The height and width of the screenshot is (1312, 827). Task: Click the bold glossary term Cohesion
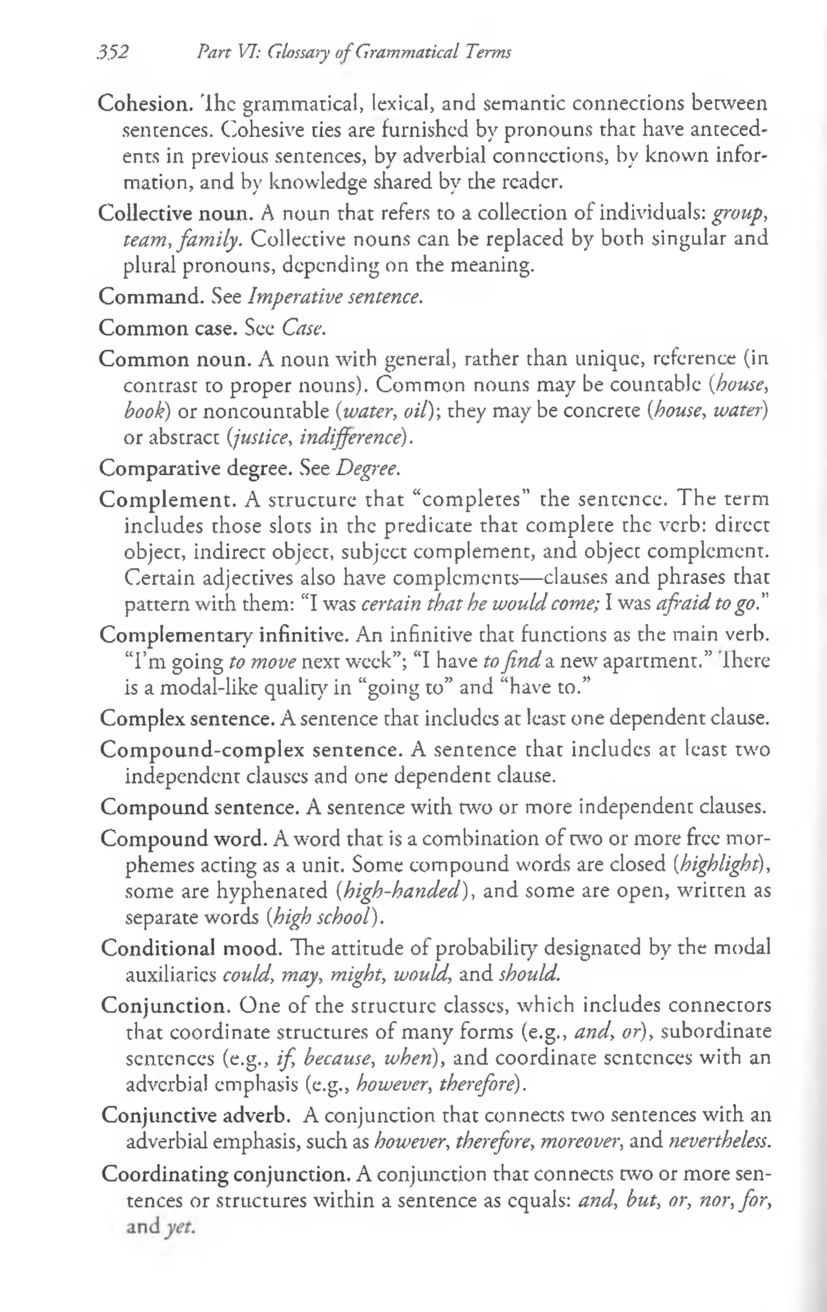tap(145, 103)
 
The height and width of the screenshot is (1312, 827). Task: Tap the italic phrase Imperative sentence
tap(335, 297)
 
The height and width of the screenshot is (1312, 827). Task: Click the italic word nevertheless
tap(720, 1140)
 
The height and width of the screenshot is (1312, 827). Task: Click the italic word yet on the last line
tap(180, 1226)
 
